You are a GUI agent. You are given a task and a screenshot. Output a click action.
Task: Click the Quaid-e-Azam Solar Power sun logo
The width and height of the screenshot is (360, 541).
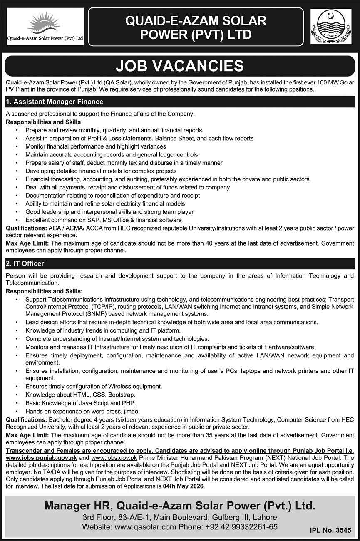coord(45,25)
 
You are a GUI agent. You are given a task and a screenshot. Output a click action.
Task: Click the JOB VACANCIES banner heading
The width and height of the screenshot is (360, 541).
coord(180,66)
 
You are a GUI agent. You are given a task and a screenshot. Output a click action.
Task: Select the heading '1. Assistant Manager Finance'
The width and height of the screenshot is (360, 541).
coord(55,102)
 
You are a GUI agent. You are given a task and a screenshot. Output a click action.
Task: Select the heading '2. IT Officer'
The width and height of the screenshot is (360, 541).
coord(25,263)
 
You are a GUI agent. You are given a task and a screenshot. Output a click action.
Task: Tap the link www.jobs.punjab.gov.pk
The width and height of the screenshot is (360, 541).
coord(42,457)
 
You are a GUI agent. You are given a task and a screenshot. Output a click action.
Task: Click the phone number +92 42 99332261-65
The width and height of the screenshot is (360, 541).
coord(241,526)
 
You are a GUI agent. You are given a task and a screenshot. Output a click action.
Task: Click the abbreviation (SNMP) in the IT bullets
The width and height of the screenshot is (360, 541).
coord(96,314)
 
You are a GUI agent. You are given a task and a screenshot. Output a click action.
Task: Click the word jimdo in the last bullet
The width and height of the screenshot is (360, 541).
coord(130,411)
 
